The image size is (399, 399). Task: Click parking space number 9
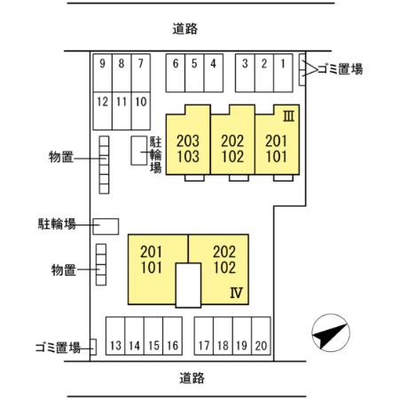[103, 64]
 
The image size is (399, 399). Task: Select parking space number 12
[103, 101]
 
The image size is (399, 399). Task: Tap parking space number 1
[282, 64]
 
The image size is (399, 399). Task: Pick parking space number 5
[194, 64]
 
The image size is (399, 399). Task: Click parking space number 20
[261, 345]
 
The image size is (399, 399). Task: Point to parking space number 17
[204, 345]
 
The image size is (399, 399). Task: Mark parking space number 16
[172, 345]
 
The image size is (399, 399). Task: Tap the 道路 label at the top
[185, 28]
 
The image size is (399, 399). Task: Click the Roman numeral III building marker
[288, 116]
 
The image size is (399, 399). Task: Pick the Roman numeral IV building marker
[236, 292]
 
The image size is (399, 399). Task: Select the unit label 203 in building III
[188, 140]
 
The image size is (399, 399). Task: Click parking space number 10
[140, 101]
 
